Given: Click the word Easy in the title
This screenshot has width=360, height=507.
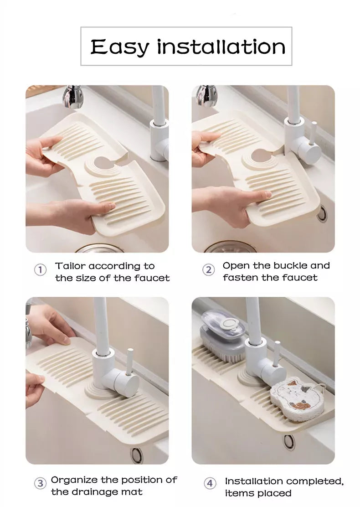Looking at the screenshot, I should [x=120, y=47].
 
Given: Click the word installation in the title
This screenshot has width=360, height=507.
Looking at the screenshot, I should [x=221, y=47].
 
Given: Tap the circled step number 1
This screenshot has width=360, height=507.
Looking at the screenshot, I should [x=41, y=270].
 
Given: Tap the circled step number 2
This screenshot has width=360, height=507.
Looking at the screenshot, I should [x=208, y=269].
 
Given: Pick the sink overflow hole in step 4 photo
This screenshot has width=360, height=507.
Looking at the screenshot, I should [x=289, y=440].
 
